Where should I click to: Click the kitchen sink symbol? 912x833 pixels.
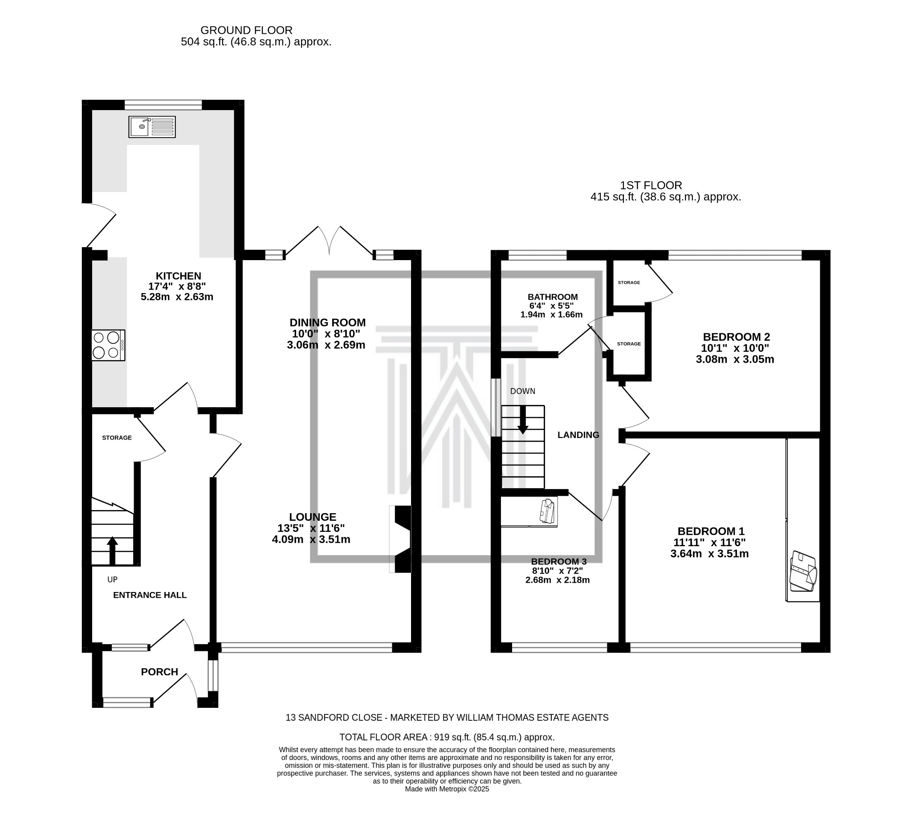(152, 127)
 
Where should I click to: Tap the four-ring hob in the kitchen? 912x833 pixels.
(108, 345)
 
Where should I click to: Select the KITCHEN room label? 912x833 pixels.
(178, 276)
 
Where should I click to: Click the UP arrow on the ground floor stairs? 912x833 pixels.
(112, 550)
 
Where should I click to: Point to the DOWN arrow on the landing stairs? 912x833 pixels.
(522, 421)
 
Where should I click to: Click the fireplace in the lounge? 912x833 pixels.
(401, 539)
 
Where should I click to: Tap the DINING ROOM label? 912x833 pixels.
(327, 323)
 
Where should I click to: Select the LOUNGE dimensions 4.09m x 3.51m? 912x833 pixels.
(311, 539)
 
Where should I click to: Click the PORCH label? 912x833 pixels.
(159, 672)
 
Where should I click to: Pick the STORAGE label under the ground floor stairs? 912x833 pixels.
(117, 437)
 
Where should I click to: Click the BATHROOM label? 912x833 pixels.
(552, 297)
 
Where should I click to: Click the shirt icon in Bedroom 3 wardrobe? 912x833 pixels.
(547, 511)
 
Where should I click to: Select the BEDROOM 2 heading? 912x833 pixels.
(736, 337)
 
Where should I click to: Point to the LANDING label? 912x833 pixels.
(578, 435)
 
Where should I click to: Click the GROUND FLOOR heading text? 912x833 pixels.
(246, 30)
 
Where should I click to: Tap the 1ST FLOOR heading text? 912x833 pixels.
(651, 185)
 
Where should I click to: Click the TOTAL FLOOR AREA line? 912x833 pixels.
(447, 737)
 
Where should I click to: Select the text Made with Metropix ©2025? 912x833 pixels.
(447, 789)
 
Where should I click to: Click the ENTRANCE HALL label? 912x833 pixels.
(150, 595)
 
